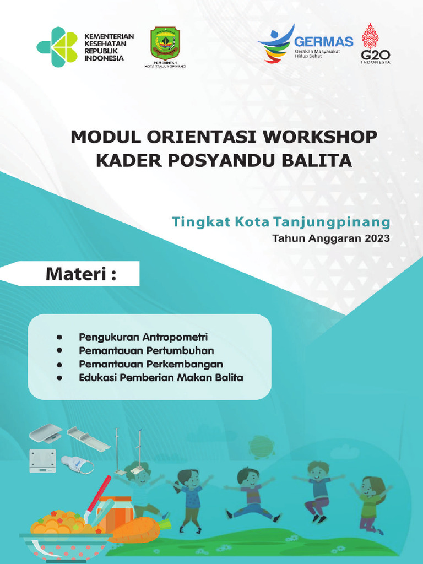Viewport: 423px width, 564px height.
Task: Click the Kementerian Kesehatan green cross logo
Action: [x=57, y=47]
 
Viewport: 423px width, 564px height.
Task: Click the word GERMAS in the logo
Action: [x=323, y=42]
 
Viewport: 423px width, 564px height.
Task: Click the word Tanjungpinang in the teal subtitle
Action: [x=341, y=222]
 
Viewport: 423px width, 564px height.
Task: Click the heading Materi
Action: [x=81, y=273]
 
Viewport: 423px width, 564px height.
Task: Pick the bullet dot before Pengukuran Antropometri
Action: [x=59, y=336]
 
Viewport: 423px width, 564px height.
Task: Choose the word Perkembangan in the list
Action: [x=188, y=364]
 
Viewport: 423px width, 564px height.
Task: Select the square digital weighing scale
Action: [x=43, y=460]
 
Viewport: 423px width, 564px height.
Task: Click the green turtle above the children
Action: [x=262, y=446]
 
